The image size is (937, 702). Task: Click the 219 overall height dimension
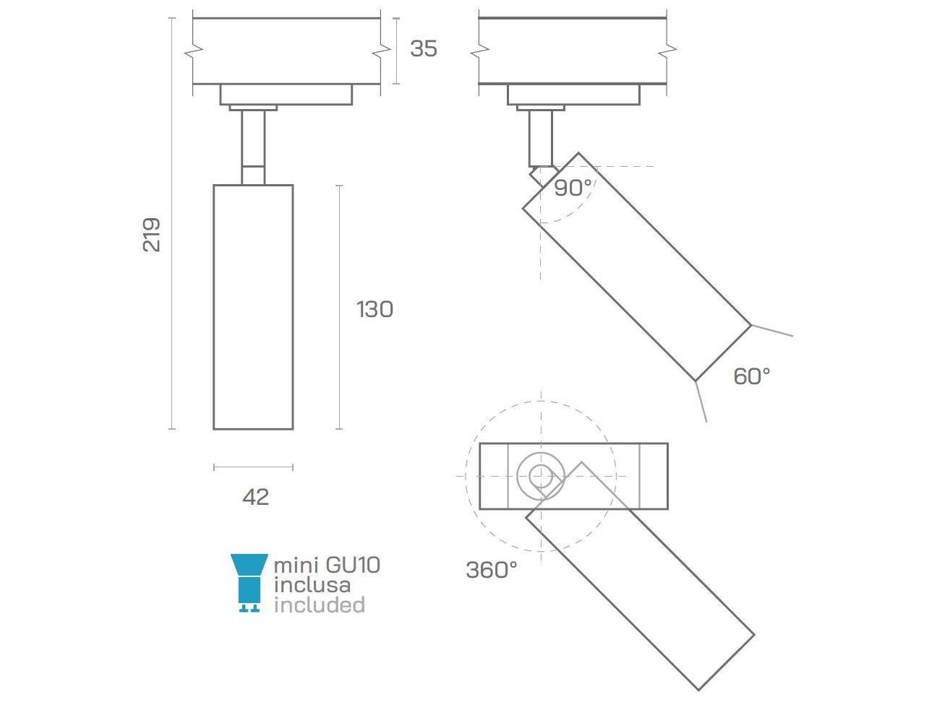pos(152,234)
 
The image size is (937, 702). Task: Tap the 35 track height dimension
pos(423,48)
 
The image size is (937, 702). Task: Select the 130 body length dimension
pos(375,309)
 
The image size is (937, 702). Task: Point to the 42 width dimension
pos(256,497)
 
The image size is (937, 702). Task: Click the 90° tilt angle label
pos(573,188)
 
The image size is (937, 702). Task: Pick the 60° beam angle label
pos(751,376)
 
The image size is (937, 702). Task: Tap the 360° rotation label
pos(491,570)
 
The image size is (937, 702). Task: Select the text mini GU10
pos(327,565)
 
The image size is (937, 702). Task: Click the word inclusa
pos(312,585)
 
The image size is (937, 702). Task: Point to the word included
pos(319,605)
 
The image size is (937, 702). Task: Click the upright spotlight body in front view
pos(253,307)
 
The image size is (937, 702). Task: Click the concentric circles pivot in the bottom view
pos(541,476)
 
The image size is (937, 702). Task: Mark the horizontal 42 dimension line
pos(253,467)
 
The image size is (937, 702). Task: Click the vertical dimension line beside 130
pos(340,307)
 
